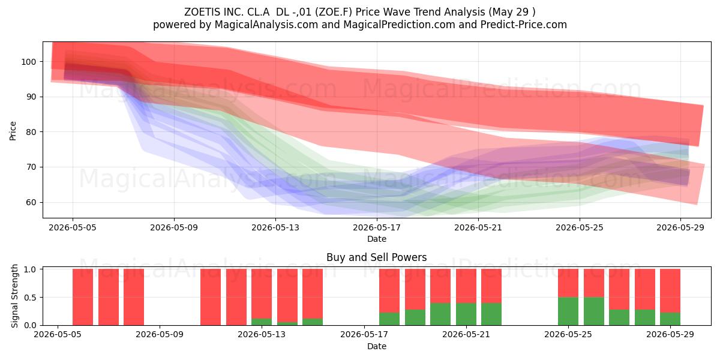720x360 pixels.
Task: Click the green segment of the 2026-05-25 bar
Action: (568, 311)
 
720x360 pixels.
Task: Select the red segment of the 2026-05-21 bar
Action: (491, 286)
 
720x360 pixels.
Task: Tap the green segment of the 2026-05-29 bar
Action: (670, 319)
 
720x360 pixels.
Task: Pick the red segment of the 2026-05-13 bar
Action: (262, 293)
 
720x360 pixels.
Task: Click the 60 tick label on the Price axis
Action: (31, 203)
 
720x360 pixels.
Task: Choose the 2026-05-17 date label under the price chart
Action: (377, 227)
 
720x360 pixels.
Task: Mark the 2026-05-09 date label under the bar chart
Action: (160, 334)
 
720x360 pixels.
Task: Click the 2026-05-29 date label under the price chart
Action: (680, 227)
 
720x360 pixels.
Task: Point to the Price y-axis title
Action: (13, 131)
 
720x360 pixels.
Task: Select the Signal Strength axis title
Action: (14, 296)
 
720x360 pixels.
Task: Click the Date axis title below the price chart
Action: (377, 239)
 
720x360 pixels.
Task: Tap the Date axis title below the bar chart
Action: (377, 346)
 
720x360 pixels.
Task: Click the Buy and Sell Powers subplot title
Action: (377, 257)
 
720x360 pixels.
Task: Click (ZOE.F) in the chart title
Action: (334, 12)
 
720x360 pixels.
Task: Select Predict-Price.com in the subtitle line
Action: (524, 25)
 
